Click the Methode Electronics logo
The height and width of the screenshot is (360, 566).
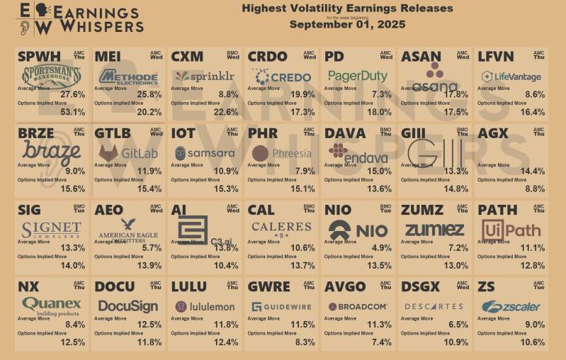tap(128, 77)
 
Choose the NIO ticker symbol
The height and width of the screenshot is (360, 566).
tap(337, 210)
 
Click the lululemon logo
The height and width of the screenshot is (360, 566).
tap(205, 306)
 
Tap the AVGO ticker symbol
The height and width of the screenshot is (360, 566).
tap(345, 286)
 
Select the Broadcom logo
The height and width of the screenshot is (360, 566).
tap(358, 306)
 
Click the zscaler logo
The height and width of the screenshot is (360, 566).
tap(511, 307)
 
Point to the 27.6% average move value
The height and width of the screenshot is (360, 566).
tap(73, 94)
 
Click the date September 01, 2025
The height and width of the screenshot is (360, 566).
tap(346, 24)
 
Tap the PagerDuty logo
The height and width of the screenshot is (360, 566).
tap(358, 76)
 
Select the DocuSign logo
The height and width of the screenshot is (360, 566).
tap(128, 306)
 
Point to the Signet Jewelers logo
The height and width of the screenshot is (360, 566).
tap(52, 230)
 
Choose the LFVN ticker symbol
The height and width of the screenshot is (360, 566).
tap(496, 56)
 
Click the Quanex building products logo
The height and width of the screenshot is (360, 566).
tap(52, 305)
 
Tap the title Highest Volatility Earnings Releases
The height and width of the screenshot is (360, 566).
tap(347, 9)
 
